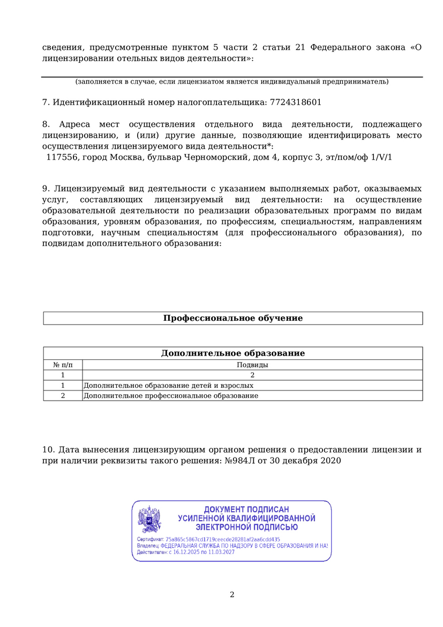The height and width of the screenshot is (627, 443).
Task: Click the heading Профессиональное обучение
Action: [232, 318]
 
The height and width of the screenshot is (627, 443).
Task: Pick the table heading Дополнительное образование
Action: [232, 353]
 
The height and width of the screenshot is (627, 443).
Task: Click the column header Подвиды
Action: [252, 365]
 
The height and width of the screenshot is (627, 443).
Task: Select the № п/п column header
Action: [63, 365]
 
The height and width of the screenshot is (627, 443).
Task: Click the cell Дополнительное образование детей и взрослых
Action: [168, 386]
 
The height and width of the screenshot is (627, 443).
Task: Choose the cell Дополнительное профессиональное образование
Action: [171, 396]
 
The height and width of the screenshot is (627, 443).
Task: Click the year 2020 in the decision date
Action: [331, 460]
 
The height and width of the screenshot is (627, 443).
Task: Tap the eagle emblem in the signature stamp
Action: [149, 519]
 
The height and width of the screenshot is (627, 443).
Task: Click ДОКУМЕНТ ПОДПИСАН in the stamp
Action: [246, 509]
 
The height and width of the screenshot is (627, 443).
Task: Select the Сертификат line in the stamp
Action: [208, 539]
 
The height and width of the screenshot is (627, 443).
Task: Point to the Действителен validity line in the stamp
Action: [186, 552]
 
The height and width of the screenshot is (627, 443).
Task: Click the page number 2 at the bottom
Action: [232, 594]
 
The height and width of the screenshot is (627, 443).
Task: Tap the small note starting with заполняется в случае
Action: [232, 82]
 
